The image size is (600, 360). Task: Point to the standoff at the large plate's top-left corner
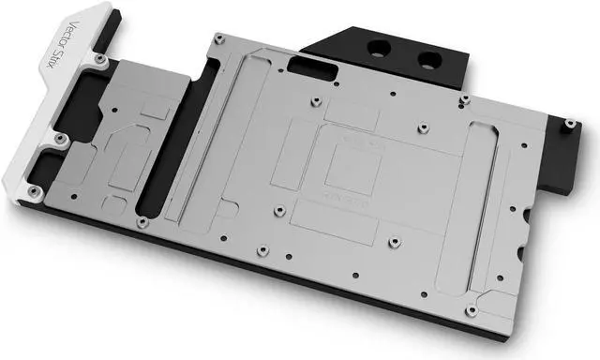(217, 38)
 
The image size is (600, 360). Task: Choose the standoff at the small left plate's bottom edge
(142, 222)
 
